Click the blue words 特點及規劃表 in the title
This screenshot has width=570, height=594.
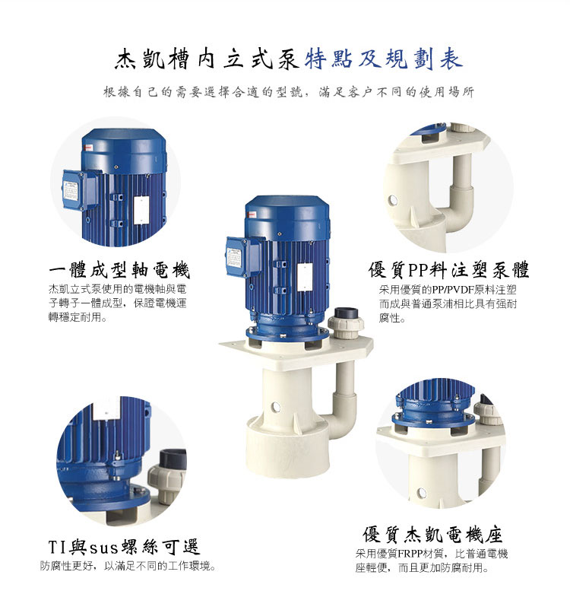pyautogui.click(x=384, y=60)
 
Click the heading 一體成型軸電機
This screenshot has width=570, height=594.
pyautogui.click(x=119, y=270)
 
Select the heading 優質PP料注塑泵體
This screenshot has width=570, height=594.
pyautogui.click(x=448, y=270)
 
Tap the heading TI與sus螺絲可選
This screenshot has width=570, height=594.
pyautogui.click(x=124, y=547)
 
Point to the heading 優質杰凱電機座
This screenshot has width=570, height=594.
pyautogui.click(x=432, y=535)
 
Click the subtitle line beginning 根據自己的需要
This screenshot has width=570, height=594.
pyautogui.click(x=288, y=92)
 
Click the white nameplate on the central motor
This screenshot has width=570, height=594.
pyautogui.click(x=305, y=278)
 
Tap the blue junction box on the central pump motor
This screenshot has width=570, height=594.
pyautogui.click(x=243, y=257)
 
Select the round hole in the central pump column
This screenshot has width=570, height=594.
pyautogui.click(x=276, y=408)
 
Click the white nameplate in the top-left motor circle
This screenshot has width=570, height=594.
pyautogui.click(x=141, y=210)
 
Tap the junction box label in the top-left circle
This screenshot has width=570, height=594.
pyautogui.click(x=71, y=192)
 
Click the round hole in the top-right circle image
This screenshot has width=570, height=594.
pyautogui.click(x=392, y=199)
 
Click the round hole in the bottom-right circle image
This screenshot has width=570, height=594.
pyautogui.click(x=421, y=493)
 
